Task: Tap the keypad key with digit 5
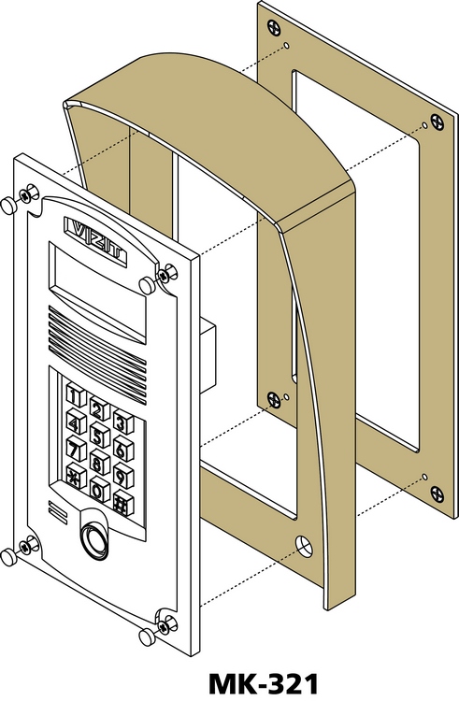pyautogui.click(x=99, y=435)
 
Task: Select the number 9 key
pyautogui.click(x=123, y=475)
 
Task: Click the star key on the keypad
pyautogui.click(x=76, y=474)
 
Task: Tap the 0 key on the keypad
pyautogui.click(x=99, y=488)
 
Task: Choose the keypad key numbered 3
pyautogui.click(x=123, y=422)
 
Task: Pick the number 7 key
pyautogui.click(x=76, y=448)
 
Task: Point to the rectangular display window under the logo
pyautogui.click(x=96, y=293)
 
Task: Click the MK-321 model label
pyautogui.click(x=264, y=684)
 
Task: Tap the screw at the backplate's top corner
pyautogui.click(x=273, y=28)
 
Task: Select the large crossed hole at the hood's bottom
pyautogui.click(x=304, y=547)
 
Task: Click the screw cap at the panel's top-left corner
pyautogui.click(x=7, y=206)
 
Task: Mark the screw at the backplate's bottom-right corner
pyautogui.click(x=437, y=494)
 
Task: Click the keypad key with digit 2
pyautogui.click(x=99, y=408)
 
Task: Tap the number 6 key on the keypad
pyautogui.click(x=123, y=449)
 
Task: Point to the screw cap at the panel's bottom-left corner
pyautogui.click(x=7, y=557)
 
